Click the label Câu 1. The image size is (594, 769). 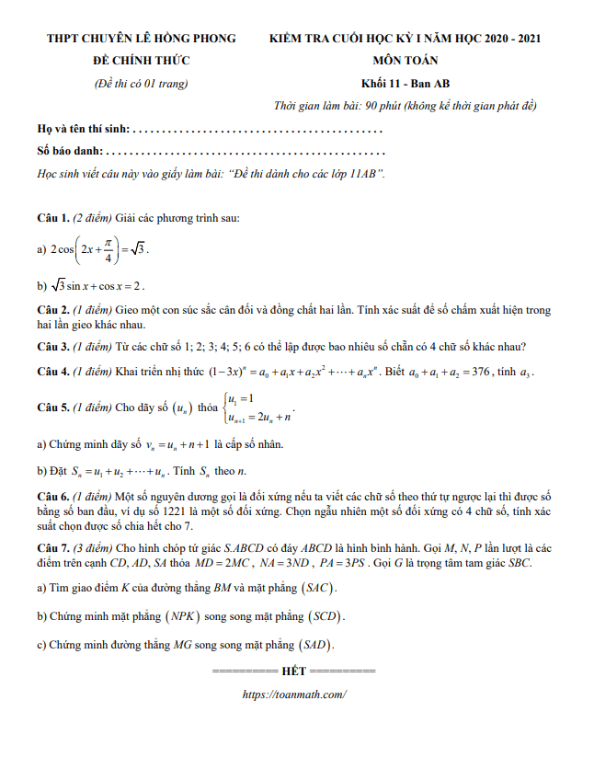tap(53, 218)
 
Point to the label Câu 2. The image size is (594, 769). tap(53, 310)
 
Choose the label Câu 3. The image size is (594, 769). tap(53, 347)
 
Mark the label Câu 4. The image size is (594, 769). tap(53, 372)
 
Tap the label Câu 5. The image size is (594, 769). tap(53, 407)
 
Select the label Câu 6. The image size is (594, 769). tap(53, 495)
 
